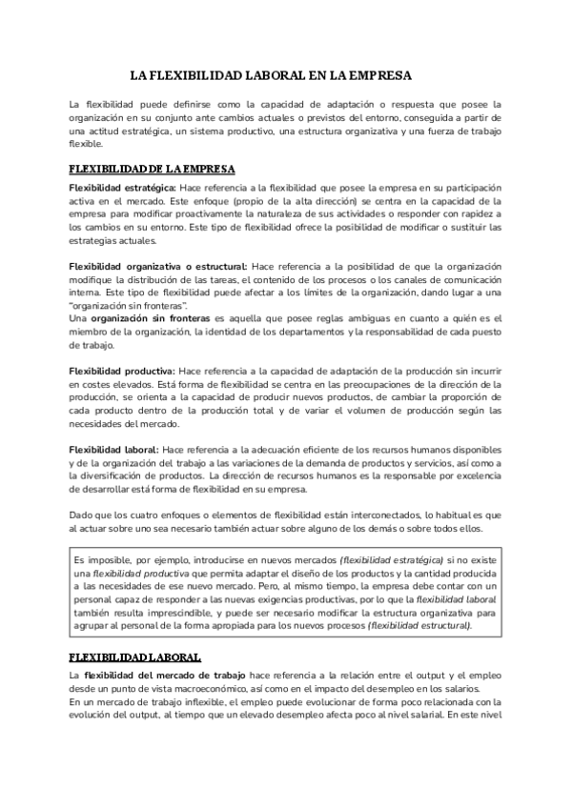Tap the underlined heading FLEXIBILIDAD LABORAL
[134, 656]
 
